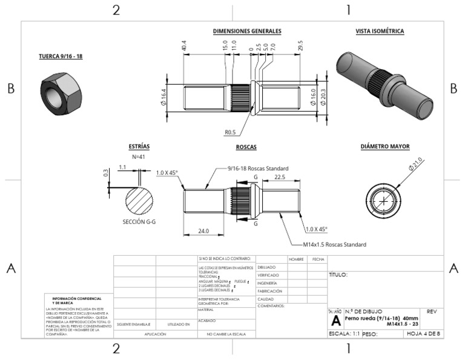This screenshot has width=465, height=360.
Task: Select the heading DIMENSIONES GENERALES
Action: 247,31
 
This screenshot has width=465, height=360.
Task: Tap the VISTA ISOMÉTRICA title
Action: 380,31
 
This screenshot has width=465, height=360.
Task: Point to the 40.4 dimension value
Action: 183,45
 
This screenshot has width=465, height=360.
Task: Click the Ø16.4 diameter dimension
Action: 163,97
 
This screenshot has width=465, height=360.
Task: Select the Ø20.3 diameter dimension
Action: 327,97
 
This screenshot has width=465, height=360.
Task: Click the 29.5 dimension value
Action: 301,45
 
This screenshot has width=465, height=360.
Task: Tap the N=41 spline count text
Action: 139,156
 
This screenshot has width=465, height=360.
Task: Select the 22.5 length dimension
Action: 280,177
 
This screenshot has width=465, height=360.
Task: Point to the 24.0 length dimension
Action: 203,230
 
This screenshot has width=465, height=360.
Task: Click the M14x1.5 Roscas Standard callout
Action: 334,245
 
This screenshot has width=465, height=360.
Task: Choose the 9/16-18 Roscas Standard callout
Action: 257,168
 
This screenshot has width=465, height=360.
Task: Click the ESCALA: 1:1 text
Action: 344,333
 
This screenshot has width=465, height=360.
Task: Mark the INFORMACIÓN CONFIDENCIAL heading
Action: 77,301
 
